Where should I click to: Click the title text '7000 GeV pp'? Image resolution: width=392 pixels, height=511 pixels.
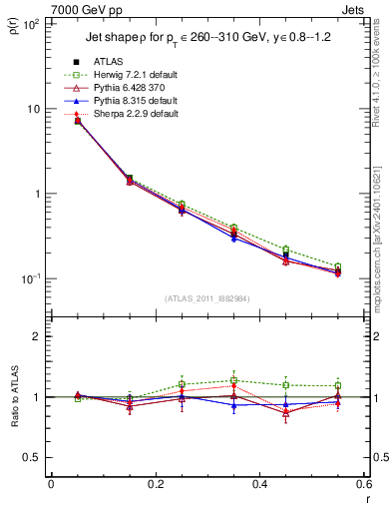pyautogui.click(x=46, y=7)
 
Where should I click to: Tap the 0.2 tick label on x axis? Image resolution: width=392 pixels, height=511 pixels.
pyautogui.click(x=155, y=484)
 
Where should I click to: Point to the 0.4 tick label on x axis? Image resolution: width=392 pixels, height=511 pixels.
pyautogui.click(x=259, y=484)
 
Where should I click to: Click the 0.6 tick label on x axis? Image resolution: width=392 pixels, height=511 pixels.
pyautogui.click(x=363, y=484)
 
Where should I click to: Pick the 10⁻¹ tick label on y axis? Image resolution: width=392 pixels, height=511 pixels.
pyautogui.click(x=31, y=278)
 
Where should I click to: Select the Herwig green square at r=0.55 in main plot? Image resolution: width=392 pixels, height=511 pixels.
pyautogui.click(x=338, y=266)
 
